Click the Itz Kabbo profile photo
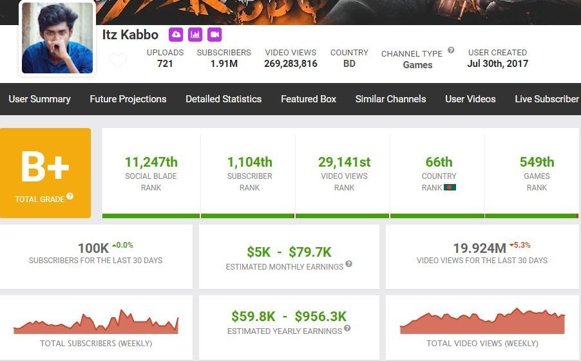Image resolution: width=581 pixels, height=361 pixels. click(57, 39)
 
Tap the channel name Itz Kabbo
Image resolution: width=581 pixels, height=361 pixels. click(130, 35)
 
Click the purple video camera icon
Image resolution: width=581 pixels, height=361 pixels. click(214, 34)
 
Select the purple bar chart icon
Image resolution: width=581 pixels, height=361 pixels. click(195, 34)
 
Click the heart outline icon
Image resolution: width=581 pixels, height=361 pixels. click(118, 60)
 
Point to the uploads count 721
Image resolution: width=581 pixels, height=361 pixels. click(165, 64)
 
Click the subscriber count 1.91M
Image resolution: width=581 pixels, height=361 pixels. click(224, 64)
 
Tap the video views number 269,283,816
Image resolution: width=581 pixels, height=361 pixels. click(290, 64)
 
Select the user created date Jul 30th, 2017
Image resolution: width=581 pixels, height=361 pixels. click(497, 64)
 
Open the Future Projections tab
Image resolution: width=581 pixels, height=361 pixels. click(128, 99)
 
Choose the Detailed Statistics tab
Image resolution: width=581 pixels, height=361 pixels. click(224, 99)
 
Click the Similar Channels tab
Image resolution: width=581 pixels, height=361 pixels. click(390, 99)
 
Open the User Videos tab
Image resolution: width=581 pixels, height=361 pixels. click(470, 99)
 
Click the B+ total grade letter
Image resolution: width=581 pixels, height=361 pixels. click(45, 167)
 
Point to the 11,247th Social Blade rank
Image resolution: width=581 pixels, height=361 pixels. click(151, 162)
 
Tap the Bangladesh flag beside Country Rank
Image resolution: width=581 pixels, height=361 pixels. click(450, 188)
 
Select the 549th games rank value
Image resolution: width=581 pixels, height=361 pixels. click(537, 162)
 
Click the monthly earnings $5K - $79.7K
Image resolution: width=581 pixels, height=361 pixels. click(289, 252)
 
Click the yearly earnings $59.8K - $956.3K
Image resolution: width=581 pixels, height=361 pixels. click(289, 317)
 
